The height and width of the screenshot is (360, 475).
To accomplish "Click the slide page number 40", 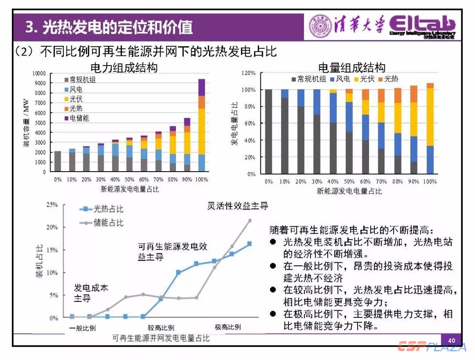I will point(452,340).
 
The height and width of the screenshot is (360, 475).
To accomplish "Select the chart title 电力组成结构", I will point(124,67).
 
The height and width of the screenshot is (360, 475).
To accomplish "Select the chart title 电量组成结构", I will point(351,67).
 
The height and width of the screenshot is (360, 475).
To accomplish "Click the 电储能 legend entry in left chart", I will point(79,118).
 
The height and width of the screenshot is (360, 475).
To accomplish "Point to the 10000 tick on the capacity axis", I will point(39,73).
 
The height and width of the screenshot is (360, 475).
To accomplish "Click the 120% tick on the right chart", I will point(248,73).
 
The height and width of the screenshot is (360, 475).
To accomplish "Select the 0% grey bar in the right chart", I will point(268,132).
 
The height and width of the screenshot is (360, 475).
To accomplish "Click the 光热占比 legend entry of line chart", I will point(102,210).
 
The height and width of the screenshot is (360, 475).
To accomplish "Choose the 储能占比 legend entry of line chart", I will point(102,223).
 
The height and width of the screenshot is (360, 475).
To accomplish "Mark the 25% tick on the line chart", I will point(52,205).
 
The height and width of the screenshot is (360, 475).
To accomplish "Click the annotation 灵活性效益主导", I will point(237,206).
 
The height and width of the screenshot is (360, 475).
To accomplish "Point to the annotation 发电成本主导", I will point(91,293).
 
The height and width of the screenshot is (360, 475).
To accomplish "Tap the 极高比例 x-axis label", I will point(228,327).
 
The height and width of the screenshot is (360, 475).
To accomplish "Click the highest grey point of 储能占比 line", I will point(250,220).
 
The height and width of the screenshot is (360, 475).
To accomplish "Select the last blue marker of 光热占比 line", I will point(249,243).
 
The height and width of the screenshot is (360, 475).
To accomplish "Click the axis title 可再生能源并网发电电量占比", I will point(161,338).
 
